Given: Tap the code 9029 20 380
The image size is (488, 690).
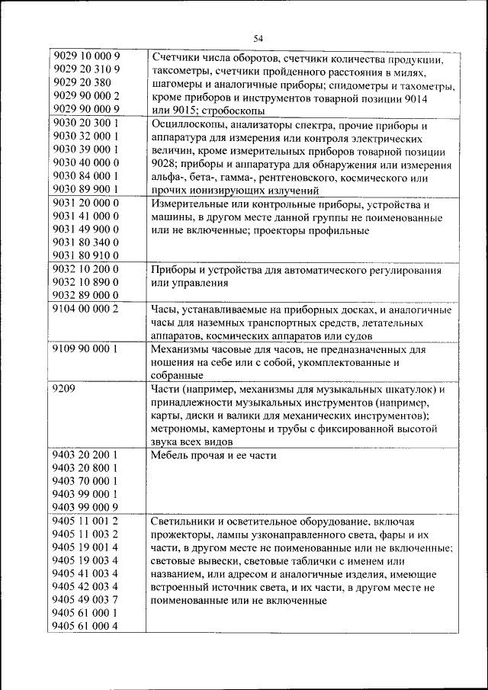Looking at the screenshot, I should pyautogui.click(x=83, y=83).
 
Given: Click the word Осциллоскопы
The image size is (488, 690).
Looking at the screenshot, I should pyautogui.click(x=188, y=125).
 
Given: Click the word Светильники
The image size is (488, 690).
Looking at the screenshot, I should pyautogui.click(x=188, y=522).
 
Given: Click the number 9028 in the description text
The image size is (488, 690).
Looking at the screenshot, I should pyautogui.click(x=164, y=165).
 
